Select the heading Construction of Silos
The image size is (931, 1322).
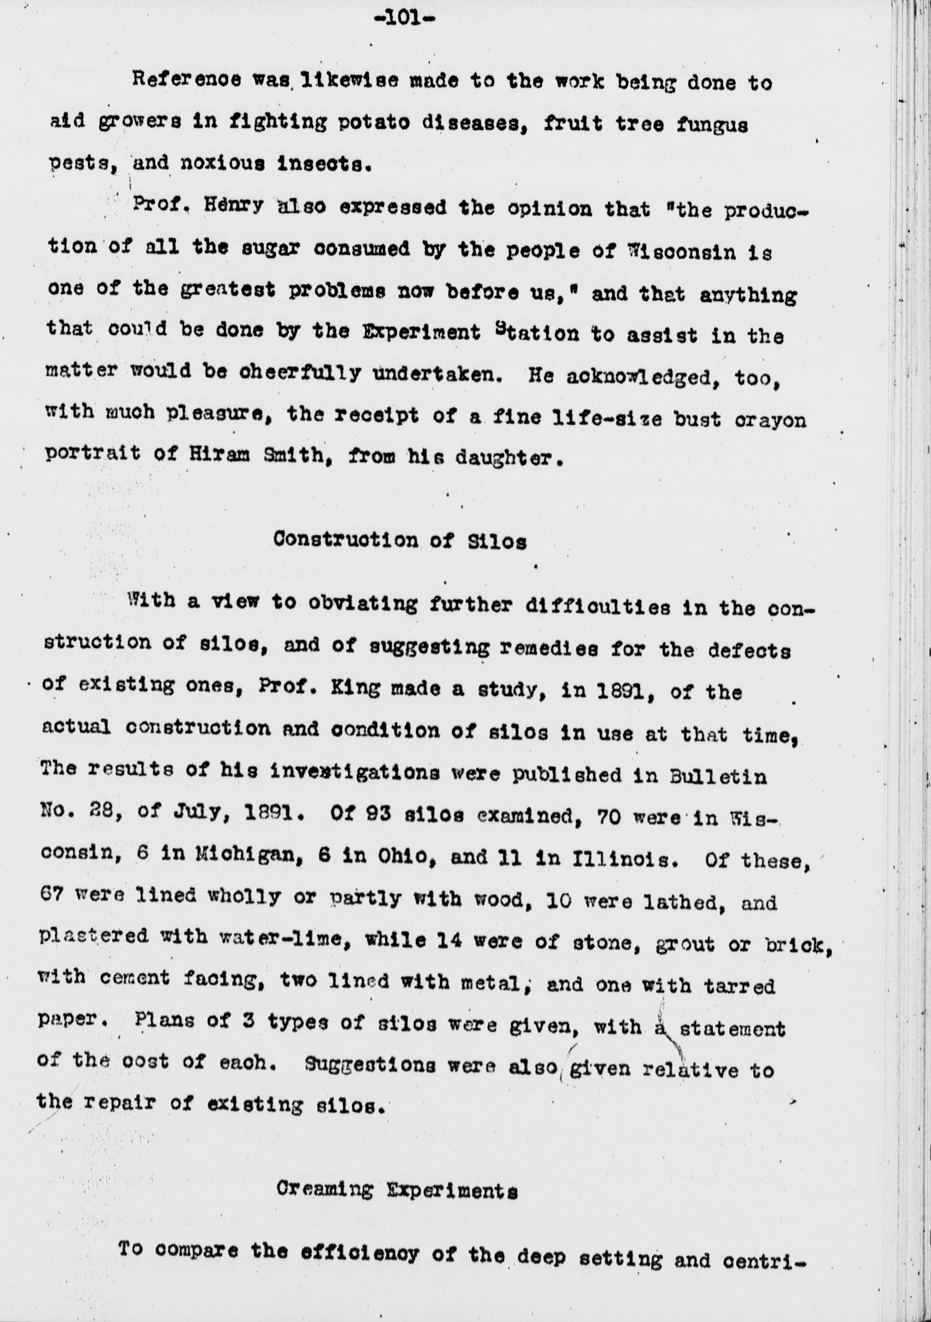(400, 541)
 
